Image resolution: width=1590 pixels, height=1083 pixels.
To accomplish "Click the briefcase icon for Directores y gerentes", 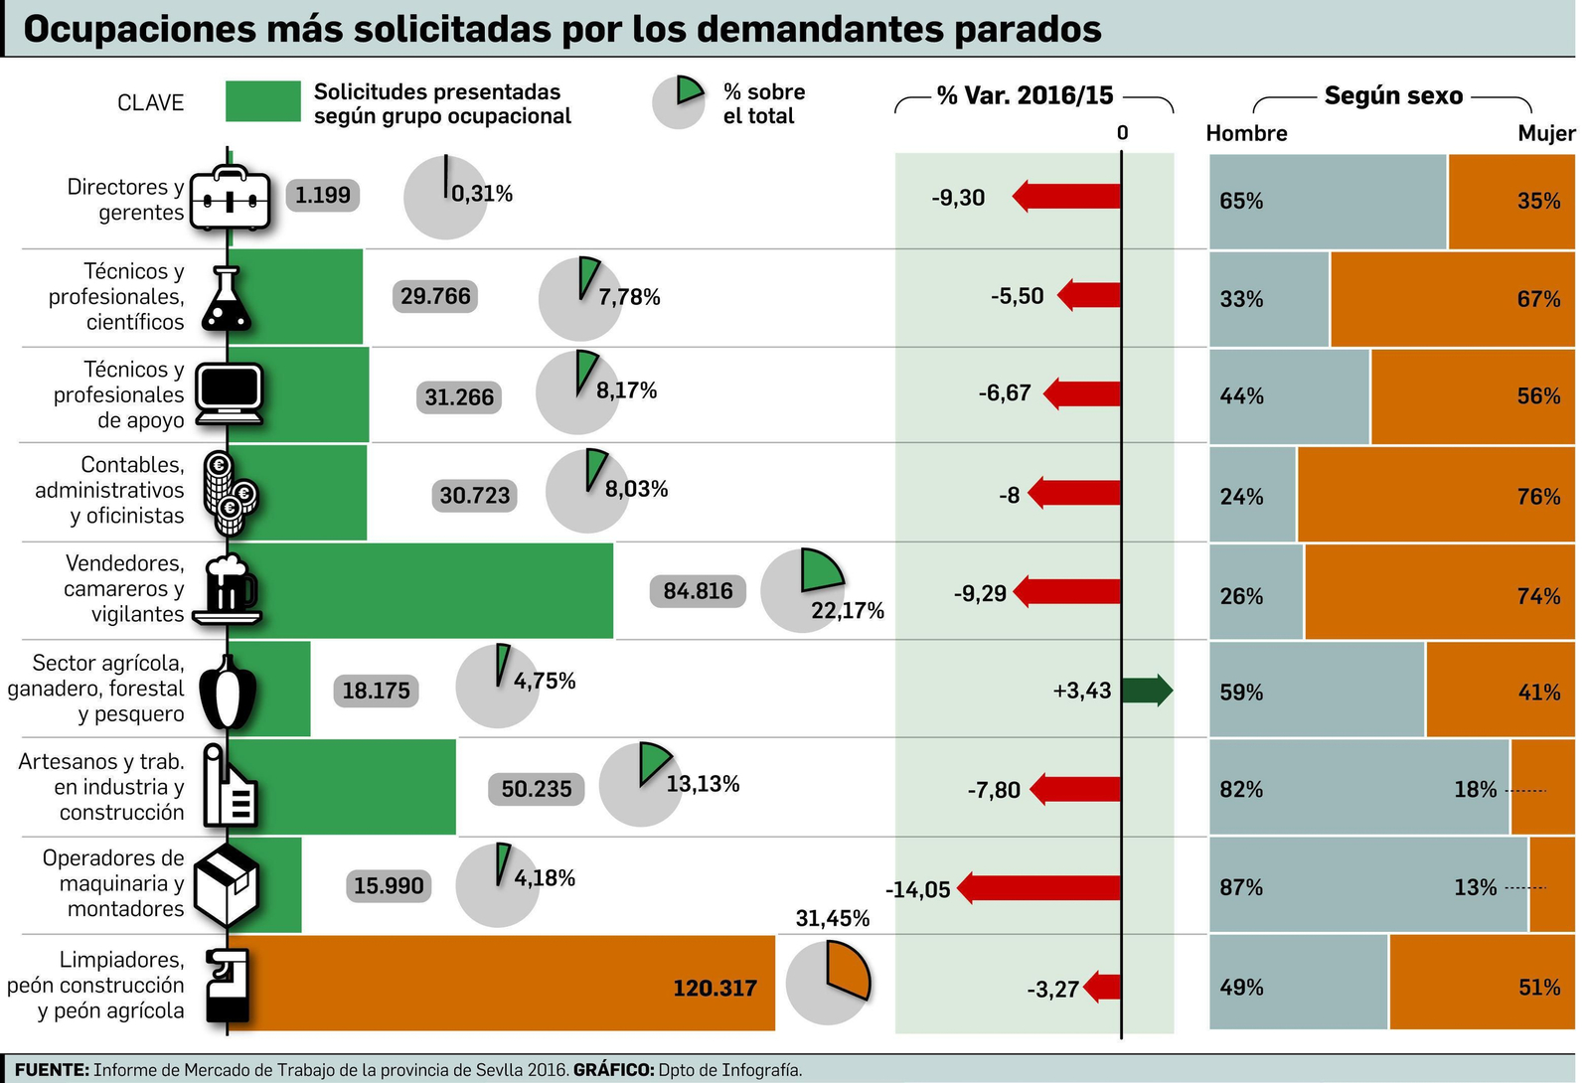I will point(230,199).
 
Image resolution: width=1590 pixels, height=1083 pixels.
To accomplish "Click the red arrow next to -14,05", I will point(1038,888).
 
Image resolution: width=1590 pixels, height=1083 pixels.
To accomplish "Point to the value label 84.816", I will point(698,591).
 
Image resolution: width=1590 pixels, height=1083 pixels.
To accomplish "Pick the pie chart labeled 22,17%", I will point(802,590).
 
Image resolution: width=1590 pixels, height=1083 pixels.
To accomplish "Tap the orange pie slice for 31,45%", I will point(848,972).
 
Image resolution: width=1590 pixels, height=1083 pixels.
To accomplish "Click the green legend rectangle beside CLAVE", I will point(262,102).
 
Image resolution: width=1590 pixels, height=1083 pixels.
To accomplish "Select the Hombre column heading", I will point(1246,133).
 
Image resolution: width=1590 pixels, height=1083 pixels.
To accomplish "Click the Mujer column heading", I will point(1545,133).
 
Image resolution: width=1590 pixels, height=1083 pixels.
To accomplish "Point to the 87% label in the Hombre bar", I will point(1241,887).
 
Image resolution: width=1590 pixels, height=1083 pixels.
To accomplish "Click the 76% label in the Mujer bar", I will point(1537,496).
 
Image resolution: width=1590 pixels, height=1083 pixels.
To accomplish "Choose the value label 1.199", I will point(323,195).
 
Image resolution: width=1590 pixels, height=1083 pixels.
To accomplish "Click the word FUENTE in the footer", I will point(52,1070).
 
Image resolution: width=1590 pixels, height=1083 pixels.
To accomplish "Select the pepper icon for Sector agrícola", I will point(228,692).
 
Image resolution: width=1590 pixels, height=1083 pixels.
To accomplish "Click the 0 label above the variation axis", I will point(1122,133).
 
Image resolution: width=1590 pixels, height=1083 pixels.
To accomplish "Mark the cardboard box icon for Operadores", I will point(226,884).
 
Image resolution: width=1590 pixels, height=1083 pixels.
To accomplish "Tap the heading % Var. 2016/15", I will point(1025,96).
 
